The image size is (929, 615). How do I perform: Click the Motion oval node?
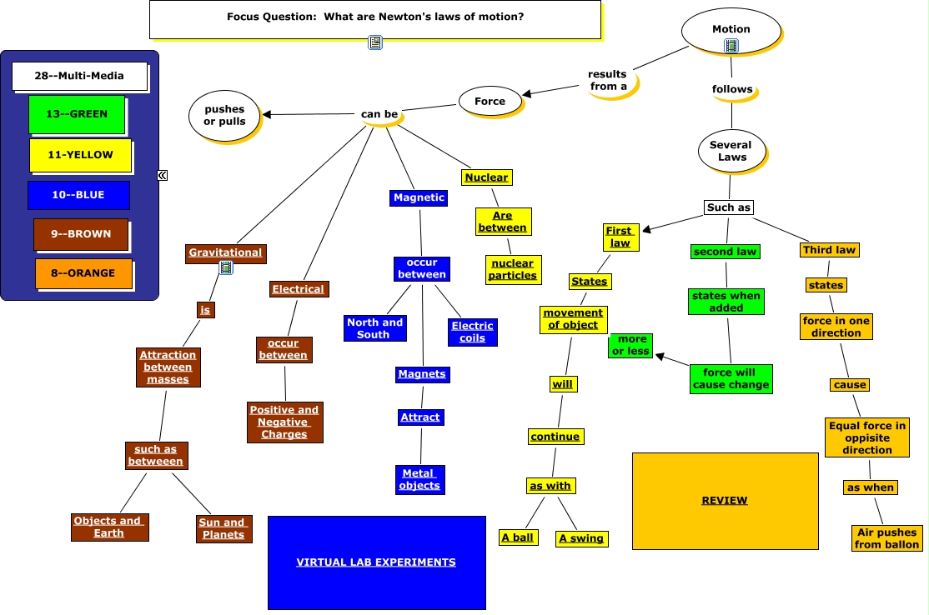tap(731, 31)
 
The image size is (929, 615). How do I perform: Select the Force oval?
tap(490, 101)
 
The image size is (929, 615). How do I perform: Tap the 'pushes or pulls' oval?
tap(224, 116)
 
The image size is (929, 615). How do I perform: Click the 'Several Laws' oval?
tap(731, 151)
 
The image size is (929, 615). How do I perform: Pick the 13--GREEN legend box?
tap(77, 114)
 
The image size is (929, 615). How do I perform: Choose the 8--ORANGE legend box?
tap(83, 273)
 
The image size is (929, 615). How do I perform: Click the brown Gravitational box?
tap(226, 252)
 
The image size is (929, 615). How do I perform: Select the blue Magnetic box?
tap(419, 197)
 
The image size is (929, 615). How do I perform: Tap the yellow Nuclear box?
tap(486, 177)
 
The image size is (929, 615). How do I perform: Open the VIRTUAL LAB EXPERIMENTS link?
tap(376, 562)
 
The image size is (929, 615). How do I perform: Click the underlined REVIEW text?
tap(725, 501)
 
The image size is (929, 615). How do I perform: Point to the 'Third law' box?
tap(830, 250)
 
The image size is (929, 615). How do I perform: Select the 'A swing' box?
tap(581, 538)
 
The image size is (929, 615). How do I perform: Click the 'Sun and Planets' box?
tap(224, 528)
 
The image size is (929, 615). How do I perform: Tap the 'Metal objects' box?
tap(419, 479)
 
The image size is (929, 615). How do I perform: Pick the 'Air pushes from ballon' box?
tap(887, 538)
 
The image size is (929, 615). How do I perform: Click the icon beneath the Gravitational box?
tap(226, 268)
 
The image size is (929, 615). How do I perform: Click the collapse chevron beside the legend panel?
tap(163, 175)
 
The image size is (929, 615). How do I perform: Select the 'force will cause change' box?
tap(731, 379)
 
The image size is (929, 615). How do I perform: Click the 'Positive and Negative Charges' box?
tap(285, 422)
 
